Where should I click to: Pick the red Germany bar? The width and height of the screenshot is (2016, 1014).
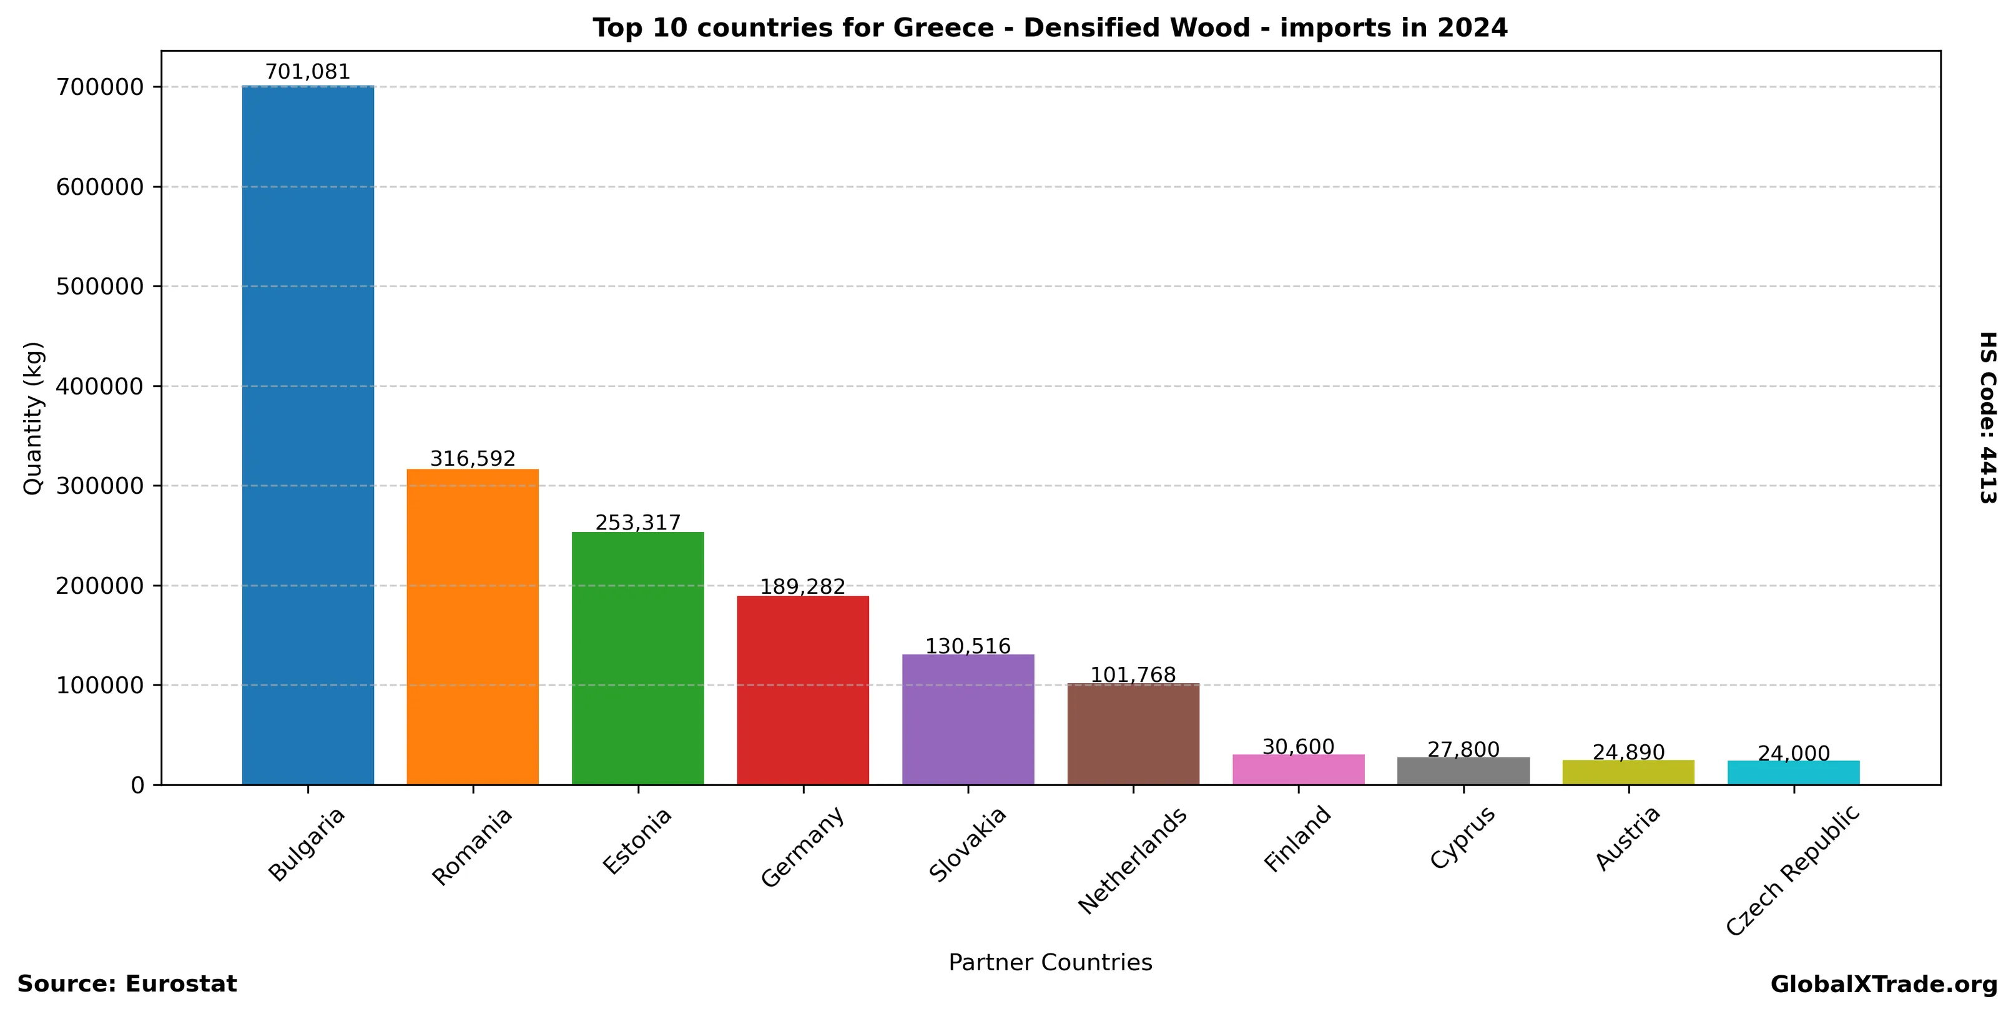pyautogui.click(x=803, y=689)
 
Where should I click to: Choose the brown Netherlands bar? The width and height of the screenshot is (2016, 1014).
pyautogui.click(x=1133, y=733)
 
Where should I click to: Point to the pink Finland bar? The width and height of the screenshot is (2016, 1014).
pyautogui.click(x=1299, y=769)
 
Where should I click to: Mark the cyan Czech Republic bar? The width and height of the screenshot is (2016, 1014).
pyautogui.click(x=1794, y=772)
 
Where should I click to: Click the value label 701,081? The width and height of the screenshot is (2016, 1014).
pyautogui.click(x=308, y=72)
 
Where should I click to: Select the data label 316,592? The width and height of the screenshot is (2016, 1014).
pyautogui.click(x=473, y=458)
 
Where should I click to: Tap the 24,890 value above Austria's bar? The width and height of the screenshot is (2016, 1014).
pyautogui.click(x=1629, y=752)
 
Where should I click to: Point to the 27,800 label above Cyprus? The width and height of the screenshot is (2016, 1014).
pyautogui.click(x=1463, y=749)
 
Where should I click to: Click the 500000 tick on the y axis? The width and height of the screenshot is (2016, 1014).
pyautogui.click(x=100, y=287)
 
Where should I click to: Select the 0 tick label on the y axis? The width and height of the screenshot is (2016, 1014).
pyautogui.click(x=138, y=785)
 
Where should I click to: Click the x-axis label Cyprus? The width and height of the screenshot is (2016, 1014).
pyautogui.click(x=1462, y=837)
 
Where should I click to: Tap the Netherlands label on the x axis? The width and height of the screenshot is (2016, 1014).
pyautogui.click(x=1132, y=860)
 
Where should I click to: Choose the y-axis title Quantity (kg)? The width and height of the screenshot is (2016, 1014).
pyautogui.click(x=33, y=418)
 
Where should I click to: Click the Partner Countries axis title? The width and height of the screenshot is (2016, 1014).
pyautogui.click(x=1050, y=962)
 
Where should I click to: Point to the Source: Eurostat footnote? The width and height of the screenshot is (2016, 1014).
pyautogui.click(x=127, y=983)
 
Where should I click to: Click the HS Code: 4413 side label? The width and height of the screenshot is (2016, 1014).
pyautogui.click(x=1989, y=418)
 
